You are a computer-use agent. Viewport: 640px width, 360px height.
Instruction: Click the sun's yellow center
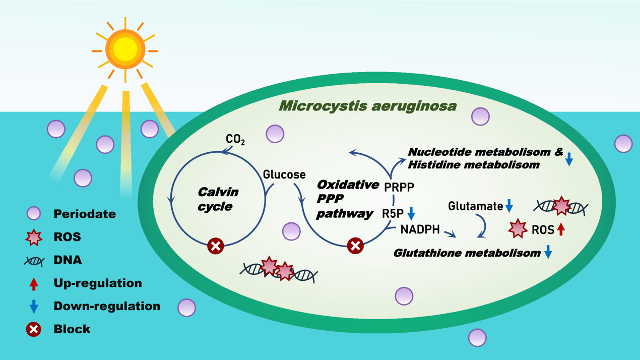click(x=125, y=49)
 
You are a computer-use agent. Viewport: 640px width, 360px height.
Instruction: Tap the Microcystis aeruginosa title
click(x=368, y=106)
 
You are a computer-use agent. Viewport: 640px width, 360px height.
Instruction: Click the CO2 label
click(x=235, y=139)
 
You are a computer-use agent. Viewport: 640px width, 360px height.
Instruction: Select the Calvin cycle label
click(x=218, y=199)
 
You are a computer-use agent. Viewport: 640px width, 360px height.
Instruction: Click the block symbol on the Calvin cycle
click(x=216, y=246)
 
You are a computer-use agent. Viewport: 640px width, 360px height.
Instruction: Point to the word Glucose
click(x=284, y=174)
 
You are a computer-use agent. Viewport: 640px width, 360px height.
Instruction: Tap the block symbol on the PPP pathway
click(x=355, y=246)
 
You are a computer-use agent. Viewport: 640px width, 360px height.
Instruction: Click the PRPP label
click(x=399, y=188)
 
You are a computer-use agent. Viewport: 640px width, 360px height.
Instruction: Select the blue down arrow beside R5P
click(x=411, y=213)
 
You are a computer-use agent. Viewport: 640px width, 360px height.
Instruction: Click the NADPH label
click(x=420, y=230)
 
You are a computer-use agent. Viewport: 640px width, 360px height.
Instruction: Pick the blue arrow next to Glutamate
click(x=509, y=206)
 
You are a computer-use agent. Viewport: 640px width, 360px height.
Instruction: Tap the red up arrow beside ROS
click(x=560, y=230)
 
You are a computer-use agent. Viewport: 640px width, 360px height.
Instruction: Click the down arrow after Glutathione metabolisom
click(x=548, y=253)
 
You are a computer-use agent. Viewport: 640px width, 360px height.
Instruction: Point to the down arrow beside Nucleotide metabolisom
click(x=569, y=159)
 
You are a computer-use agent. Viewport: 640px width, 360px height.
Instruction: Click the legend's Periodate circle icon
click(x=34, y=213)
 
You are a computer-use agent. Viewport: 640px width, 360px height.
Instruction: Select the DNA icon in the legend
click(x=34, y=261)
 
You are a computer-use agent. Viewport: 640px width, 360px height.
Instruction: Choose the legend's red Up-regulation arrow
click(x=34, y=283)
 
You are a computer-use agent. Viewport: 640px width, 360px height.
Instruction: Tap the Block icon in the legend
click(x=34, y=329)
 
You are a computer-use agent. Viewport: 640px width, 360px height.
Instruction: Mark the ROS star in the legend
click(x=34, y=237)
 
